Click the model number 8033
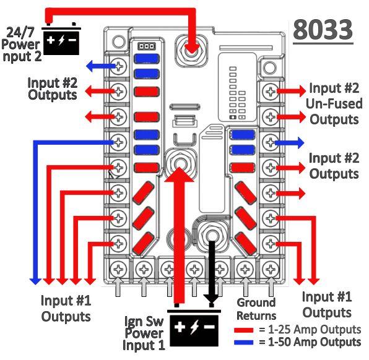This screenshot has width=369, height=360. coord(323,30)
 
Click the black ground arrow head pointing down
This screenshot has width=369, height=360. coord(211,299)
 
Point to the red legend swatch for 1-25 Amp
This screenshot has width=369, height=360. coord(244,330)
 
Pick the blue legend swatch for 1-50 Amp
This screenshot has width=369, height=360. coord(244,342)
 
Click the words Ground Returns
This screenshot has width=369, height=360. coord(256,309)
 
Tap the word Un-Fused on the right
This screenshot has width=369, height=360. coord(334,104)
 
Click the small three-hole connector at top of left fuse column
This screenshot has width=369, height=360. coord(146,46)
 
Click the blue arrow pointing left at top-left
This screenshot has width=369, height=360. coord(101,66)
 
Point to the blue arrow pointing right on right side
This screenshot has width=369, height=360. coord(290,142)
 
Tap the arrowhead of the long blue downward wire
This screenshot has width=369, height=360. coord(35,281)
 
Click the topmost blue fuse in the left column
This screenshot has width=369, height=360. coord(146,59)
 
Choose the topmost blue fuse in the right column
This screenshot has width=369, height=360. coord(243,135)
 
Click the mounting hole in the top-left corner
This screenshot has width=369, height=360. coord(119,41)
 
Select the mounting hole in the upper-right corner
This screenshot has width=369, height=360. coord(269,67)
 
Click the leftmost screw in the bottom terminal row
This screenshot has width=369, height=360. coord(118,269)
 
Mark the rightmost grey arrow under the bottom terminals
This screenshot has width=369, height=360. coord(271,287)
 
